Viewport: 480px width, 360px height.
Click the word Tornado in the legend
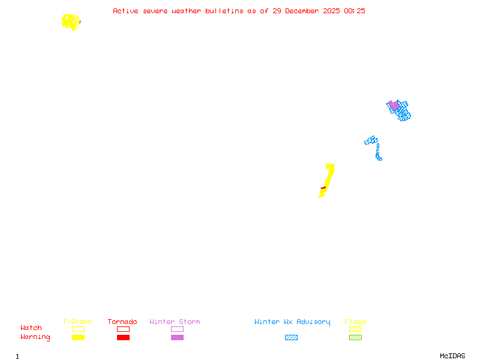tap(122, 322)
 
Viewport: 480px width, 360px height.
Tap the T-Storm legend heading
tap(77, 322)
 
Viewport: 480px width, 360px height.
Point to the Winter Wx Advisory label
tap(292, 322)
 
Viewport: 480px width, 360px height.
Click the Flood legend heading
tap(355, 322)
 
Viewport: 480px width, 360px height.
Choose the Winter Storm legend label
tap(175, 322)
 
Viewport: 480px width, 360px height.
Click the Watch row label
tap(31, 328)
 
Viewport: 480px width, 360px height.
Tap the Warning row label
tap(35, 337)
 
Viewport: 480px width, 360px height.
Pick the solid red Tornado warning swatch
tap(123, 337)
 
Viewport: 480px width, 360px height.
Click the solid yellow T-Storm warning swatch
tap(78, 337)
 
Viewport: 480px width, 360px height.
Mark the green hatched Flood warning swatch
tap(355, 337)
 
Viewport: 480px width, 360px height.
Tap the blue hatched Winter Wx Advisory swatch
tap(291, 337)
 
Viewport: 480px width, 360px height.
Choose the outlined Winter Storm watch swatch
tap(177, 329)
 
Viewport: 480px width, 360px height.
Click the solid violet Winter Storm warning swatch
tap(177, 337)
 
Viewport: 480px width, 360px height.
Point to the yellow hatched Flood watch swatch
tap(355, 329)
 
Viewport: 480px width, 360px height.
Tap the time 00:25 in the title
tap(355, 11)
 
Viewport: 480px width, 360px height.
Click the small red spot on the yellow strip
tap(324, 188)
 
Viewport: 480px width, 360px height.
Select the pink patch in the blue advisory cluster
tap(394, 105)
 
